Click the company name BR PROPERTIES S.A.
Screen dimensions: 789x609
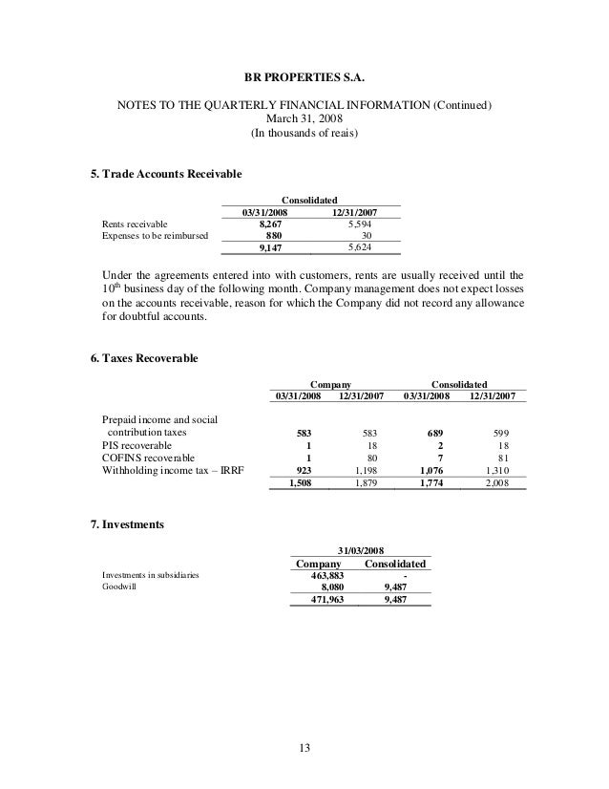pos(304,73)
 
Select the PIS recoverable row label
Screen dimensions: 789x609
pos(137,445)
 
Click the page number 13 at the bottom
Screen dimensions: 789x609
pos(304,747)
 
